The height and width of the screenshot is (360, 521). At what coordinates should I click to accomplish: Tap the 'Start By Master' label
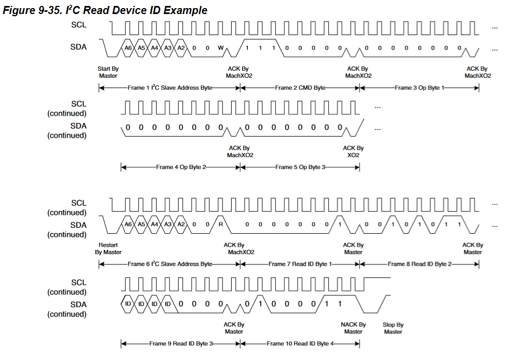pyautogui.click(x=108, y=72)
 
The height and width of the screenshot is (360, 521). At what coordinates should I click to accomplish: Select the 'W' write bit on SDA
pyautogui.click(x=221, y=48)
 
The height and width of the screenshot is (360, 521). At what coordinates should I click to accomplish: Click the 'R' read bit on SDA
pyautogui.click(x=221, y=224)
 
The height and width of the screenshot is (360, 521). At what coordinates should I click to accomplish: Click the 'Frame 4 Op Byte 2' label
pyautogui.click(x=181, y=167)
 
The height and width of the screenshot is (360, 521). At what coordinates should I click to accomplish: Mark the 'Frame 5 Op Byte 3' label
pyautogui.click(x=300, y=167)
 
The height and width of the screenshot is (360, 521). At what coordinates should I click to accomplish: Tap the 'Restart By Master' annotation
pyautogui.click(x=108, y=248)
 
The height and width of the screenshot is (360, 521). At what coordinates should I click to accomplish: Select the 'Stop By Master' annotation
pyautogui.click(x=393, y=328)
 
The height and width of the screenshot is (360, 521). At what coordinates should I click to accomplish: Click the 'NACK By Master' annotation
pyautogui.click(x=353, y=328)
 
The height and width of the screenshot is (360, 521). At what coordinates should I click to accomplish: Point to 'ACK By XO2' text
pyautogui.click(x=353, y=151)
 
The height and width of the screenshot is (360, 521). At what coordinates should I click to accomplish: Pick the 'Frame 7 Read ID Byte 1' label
pyautogui.click(x=300, y=264)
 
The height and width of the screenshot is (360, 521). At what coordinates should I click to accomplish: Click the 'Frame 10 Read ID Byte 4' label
pyautogui.click(x=300, y=344)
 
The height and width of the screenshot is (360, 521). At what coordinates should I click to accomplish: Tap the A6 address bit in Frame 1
pyautogui.click(x=128, y=48)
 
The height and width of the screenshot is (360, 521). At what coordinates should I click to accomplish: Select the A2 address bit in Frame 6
pyautogui.click(x=181, y=224)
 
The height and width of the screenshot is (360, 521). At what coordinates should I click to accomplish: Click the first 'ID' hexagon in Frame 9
pyautogui.click(x=128, y=304)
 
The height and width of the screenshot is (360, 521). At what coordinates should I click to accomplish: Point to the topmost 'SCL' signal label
pyautogui.click(x=78, y=25)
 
